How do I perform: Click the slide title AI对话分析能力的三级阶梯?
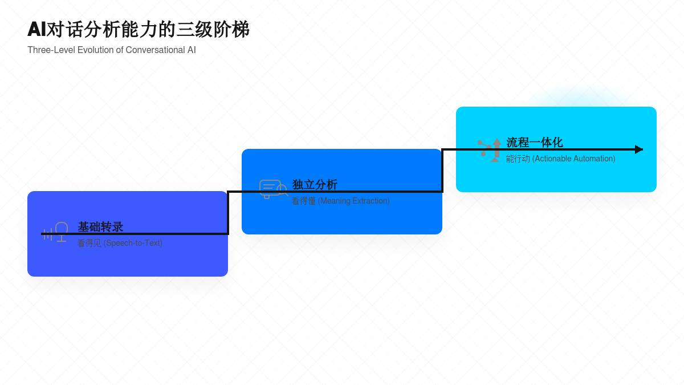(x=139, y=30)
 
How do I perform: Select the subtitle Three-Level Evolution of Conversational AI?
(x=112, y=50)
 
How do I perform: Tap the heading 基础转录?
(x=100, y=227)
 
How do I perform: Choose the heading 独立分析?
(x=315, y=185)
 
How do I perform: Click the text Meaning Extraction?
(x=354, y=201)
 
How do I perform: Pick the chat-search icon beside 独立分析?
(x=273, y=189)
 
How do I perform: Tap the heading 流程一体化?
(x=534, y=143)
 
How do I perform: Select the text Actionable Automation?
(x=574, y=159)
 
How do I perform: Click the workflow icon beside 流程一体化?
(x=490, y=150)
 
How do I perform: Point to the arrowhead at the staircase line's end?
(x=639, y=149)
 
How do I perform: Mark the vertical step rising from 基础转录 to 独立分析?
(x=228, y=212)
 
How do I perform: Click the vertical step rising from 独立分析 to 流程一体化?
(x=442, y=170)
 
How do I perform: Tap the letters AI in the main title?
(x=36, y=30)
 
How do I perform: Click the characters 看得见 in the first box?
(x=89, y=243)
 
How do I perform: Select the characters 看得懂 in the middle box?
(x=303, y=201)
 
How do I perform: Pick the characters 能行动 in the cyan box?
(x=518, y=159)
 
